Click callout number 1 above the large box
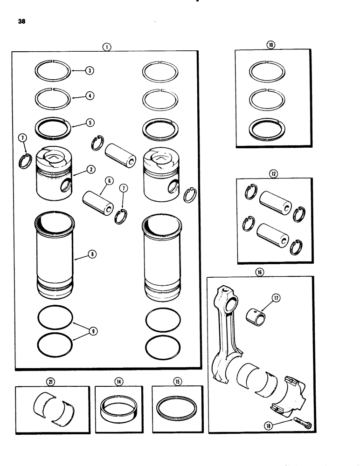click(107, 47)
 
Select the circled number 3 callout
click(90, 71)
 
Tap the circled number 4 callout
click(90, 96)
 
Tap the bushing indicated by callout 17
click(256, 314)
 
